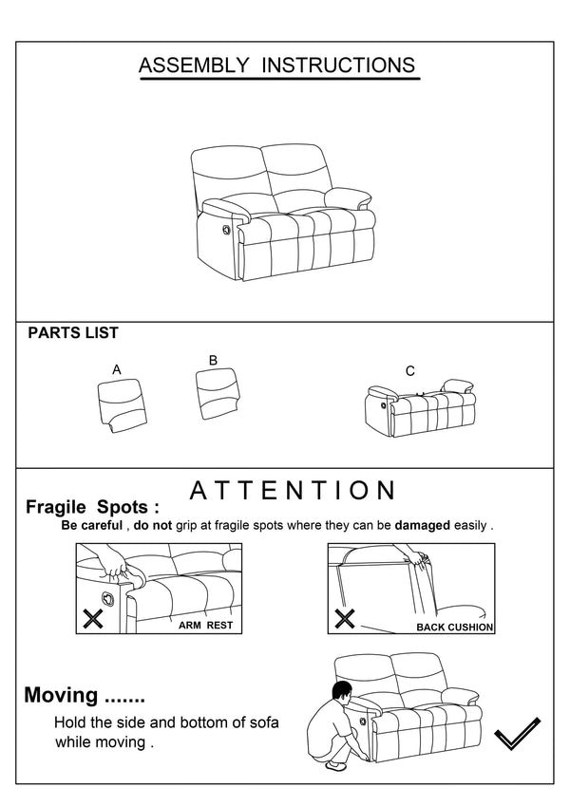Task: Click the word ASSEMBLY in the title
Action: (x=194, y=66)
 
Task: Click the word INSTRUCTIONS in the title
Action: (x=338, y=66)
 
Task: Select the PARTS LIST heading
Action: (x=73, y=333)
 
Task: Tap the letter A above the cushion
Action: (x=117, y=369)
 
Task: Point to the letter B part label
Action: (x=213, y=360)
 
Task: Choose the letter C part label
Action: (x=410, y=371)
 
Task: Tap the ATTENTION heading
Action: (x=293, y=491)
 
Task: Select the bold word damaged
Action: (x=424, y=525)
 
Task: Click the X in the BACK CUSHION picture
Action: (x=345, y=620)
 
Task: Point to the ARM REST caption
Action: (x=205, y=627)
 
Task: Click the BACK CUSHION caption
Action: (x=455, y=628)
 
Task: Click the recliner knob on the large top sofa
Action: (x=226, y=230)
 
